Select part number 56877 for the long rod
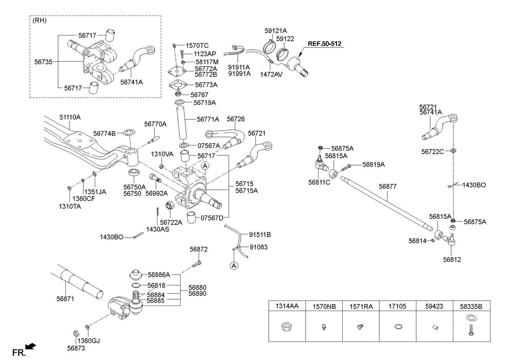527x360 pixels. (388, 187)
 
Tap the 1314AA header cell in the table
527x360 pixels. (287, 306)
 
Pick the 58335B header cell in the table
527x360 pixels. (471, 306)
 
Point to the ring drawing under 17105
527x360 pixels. (397, 327)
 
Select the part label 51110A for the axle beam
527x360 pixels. (69, 117)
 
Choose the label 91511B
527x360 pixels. (260, 235)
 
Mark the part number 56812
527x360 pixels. (451, 260)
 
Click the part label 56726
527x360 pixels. (235, 119)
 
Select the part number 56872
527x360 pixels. (198, 249)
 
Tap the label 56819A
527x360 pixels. (373, 165)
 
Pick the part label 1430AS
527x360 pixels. (157, 229)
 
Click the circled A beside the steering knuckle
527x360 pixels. (205, 166)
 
